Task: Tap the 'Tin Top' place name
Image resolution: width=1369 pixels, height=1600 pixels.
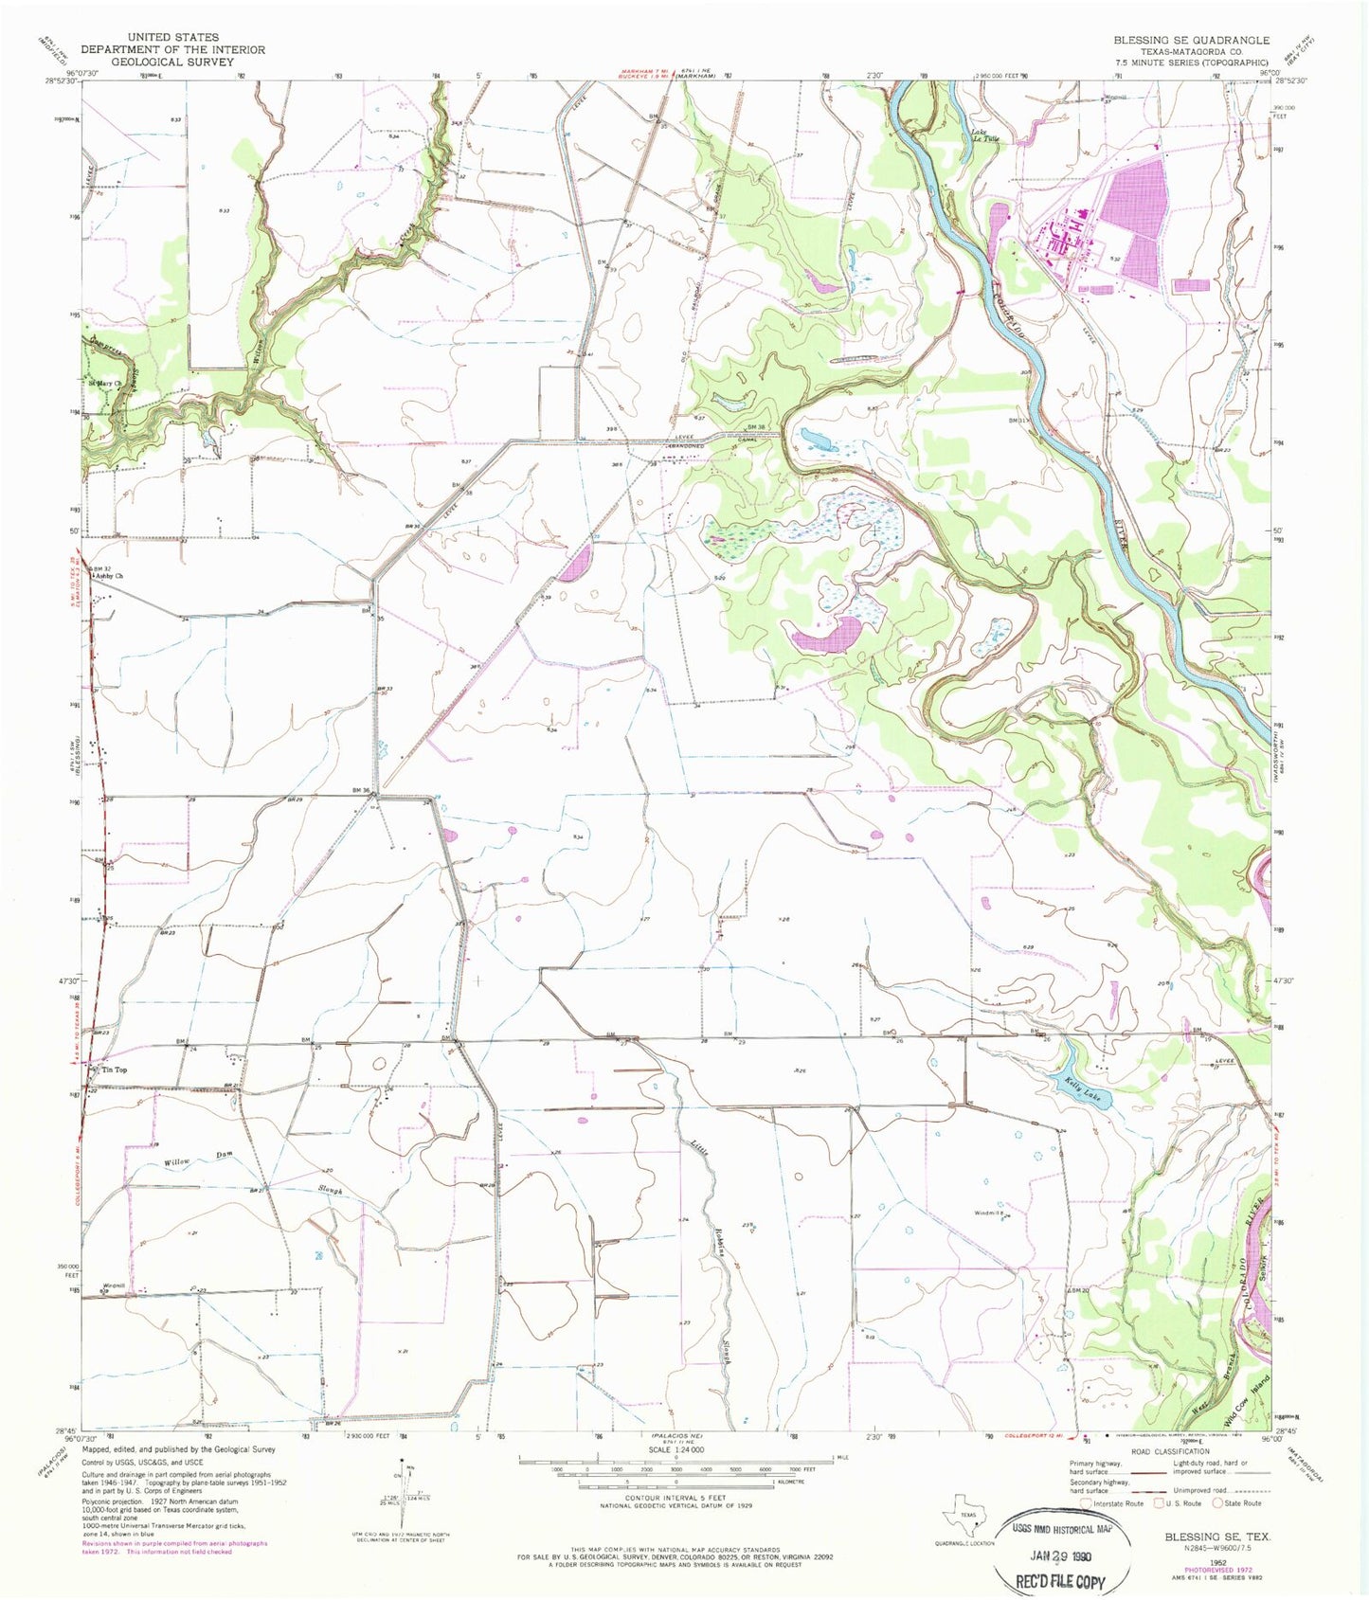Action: click(x=114, y=1070)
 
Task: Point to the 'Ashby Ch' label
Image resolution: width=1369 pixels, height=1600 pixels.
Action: click(x=108, y=575)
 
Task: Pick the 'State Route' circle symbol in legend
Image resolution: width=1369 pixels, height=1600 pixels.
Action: click(x=1220, y=1502)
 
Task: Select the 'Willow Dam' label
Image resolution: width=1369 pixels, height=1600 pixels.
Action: click(x=178, y=1163)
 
